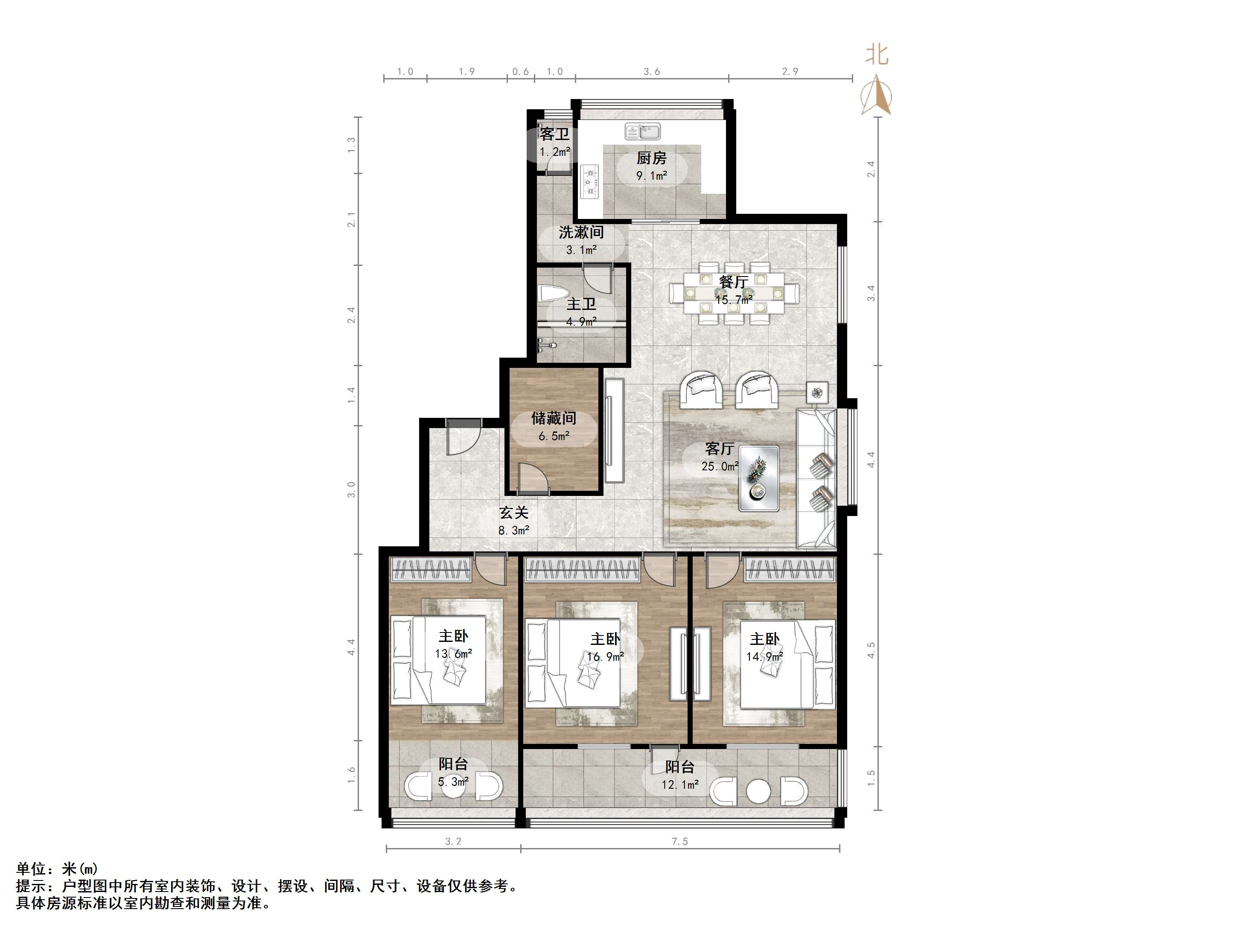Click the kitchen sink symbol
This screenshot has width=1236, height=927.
[x=643, y=131]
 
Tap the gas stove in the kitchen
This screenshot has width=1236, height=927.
[x=589, y=181]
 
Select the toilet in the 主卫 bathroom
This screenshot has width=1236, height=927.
[x=553, y=294]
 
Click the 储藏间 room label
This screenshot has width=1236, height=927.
[x=554, y=418]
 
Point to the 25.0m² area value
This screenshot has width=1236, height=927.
[x=720, y=466]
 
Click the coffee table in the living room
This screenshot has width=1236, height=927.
[x=759, y=478]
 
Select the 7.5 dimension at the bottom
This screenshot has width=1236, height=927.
[x=679, y=841]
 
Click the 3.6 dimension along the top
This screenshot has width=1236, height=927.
[x=652, y=72]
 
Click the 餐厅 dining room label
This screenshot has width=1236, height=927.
[x=734, y=282]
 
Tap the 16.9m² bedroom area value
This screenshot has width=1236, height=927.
[x=605, y=656]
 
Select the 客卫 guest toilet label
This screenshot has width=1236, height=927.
[x=554, y=134]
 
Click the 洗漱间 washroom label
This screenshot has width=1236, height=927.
[x=581, y=232]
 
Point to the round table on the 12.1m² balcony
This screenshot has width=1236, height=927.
[x=758, y=791]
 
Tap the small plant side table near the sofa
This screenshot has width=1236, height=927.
[x=817, y=393]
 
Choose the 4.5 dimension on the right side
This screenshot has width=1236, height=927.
[x=871, y=650]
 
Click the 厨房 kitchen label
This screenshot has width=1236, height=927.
[x=652, y=158]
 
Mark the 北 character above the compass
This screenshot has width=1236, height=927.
[x=877, y=55]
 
